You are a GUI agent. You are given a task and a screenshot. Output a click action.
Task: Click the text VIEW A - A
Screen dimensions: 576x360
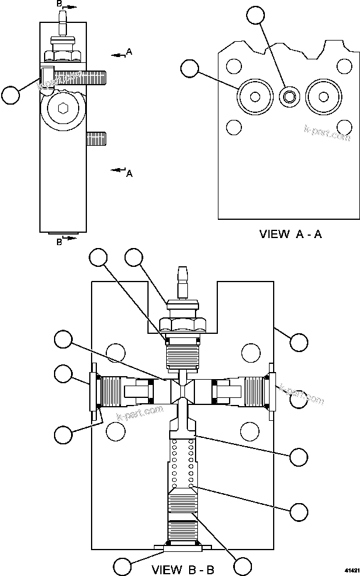tap(291, 234)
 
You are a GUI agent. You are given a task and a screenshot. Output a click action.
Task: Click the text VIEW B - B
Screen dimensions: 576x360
tap(183, 569)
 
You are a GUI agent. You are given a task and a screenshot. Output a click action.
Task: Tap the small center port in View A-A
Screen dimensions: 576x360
tap(288, 95)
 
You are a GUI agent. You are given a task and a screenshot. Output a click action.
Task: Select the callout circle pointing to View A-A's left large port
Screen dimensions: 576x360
tap(189, 69)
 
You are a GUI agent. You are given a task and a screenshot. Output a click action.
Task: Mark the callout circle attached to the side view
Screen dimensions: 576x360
tap(11, 94)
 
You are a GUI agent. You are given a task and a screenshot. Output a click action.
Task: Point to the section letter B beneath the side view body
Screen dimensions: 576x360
tap(59, 241)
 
